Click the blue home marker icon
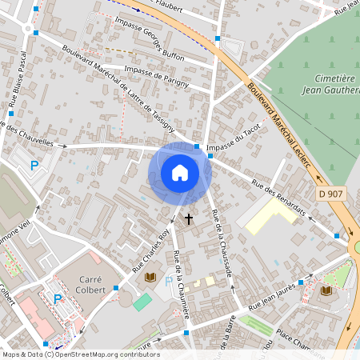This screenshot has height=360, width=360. [x=180, y=173]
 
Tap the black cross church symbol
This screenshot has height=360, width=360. [x=190, y=218]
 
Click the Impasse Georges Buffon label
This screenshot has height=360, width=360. [x=149, y=40]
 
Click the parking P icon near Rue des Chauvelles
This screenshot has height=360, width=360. [x=34, y=166]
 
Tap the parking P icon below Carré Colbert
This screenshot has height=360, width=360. [x=58, y=299]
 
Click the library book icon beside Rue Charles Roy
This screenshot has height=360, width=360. [x=150, y=278]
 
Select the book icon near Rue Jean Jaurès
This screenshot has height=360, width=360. [x=326, y=290]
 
